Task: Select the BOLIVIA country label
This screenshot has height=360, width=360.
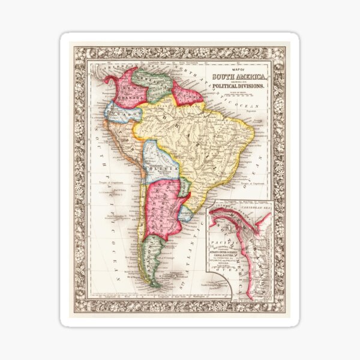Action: click(x=161, y=170)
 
